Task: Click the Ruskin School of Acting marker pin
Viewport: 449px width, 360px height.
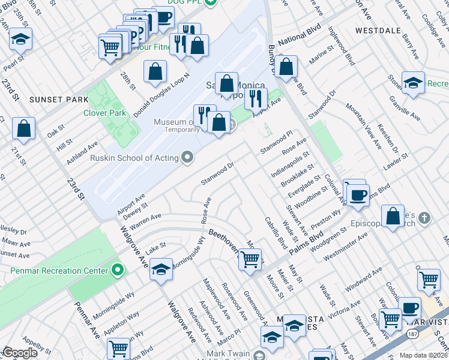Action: [x=188, y=158]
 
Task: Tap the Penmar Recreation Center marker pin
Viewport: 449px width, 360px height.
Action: [x=118, y=271]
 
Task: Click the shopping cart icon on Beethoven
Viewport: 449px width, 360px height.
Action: [x=250, y=259]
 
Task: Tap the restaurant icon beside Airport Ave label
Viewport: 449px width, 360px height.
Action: [x=256, y=97]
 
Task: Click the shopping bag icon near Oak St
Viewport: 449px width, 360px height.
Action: [x=23, y=128]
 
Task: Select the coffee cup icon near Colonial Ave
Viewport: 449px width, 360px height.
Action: [x=358, y=195]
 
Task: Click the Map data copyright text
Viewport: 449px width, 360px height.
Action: [x=424, y=355]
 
